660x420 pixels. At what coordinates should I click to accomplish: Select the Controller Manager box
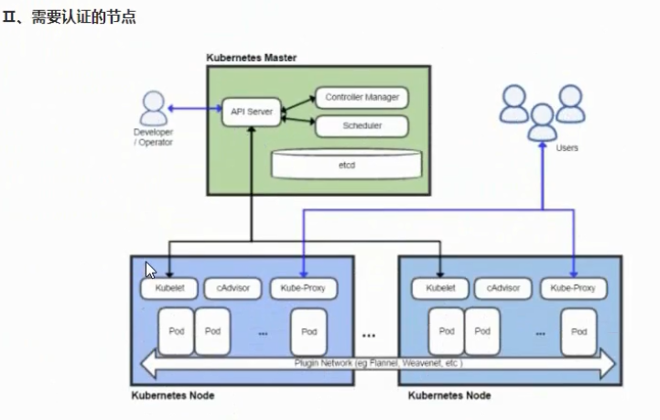click(362, 97)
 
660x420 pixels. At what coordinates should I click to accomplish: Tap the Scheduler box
click(362, 125)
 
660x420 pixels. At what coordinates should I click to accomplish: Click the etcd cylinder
click(347, 164)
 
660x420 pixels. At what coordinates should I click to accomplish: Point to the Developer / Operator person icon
click(153, 109)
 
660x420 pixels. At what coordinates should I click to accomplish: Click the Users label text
click(568, 147)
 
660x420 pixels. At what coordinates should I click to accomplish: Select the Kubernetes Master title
click(251, 59)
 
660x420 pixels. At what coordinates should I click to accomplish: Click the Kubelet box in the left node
click(168, 288)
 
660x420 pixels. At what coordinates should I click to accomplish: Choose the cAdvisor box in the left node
click(233, 288)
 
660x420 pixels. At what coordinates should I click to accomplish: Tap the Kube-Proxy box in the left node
click(304, 288)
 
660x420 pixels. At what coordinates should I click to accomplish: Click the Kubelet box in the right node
click(439, 288)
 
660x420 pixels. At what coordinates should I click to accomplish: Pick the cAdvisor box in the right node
click(503, 288)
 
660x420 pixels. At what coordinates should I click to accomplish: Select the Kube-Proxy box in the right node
click(574, 288)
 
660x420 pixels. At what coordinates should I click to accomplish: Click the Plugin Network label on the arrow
click(378, 363)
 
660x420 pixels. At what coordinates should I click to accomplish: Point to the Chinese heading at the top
click(70, 17)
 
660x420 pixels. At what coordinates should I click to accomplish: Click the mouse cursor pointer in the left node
click(150, 270)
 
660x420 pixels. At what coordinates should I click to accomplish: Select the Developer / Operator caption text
click(153, 137)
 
